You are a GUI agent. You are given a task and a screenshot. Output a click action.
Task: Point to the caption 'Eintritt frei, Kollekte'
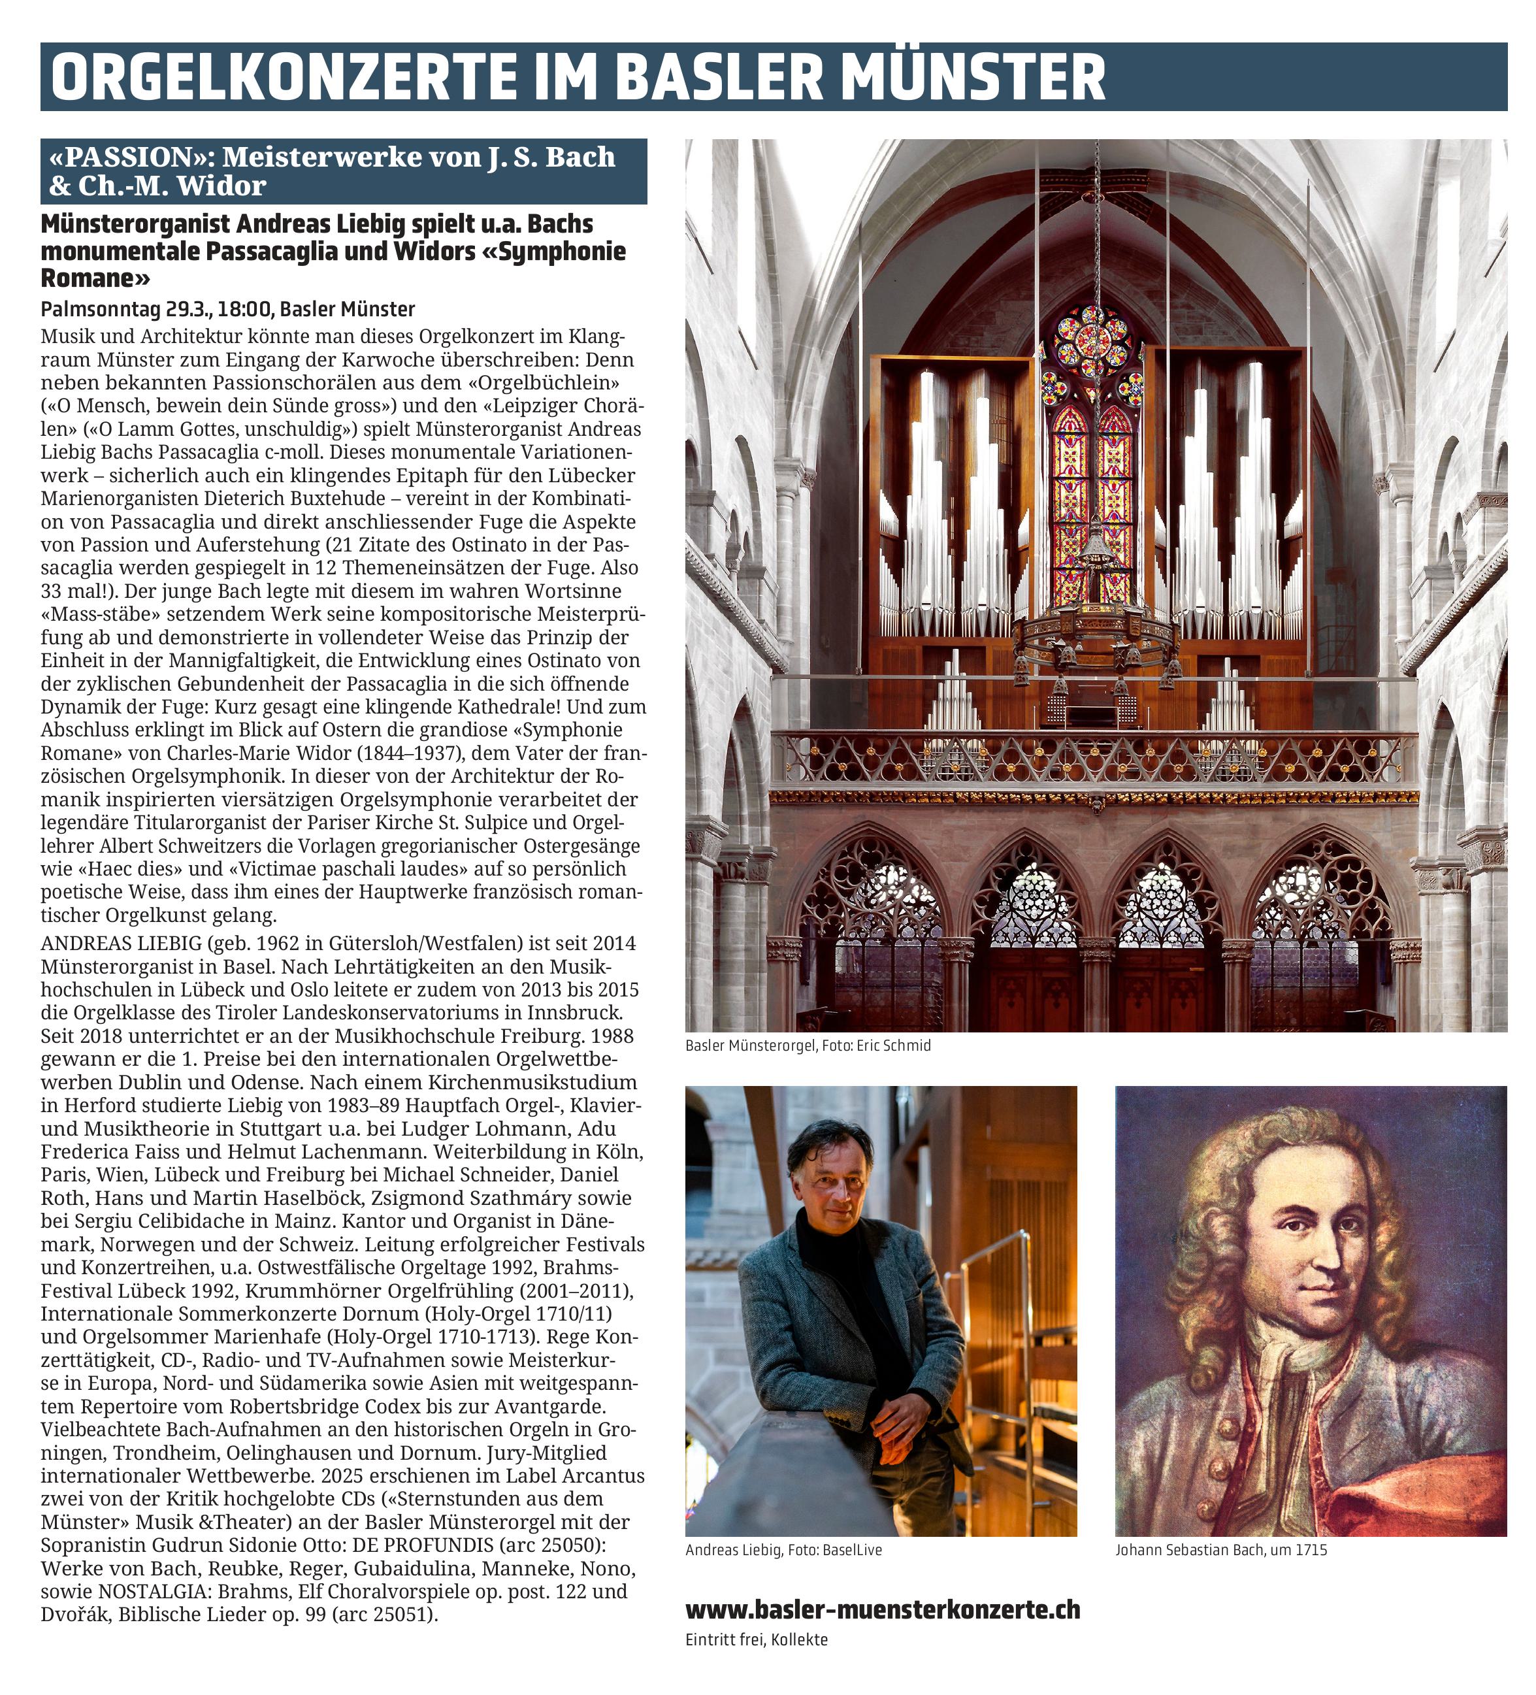click(x=756, y=1639)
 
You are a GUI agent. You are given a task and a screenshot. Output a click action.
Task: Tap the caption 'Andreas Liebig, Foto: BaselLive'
click(x=783, y=1549)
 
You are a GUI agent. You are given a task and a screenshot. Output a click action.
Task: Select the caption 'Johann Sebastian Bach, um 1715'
click(x=1220, y=1549)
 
